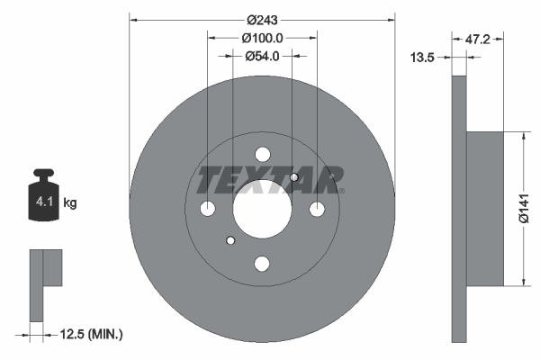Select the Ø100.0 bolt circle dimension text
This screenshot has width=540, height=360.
263,38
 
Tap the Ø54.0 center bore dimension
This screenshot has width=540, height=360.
263,56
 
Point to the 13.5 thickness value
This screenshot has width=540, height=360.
423,57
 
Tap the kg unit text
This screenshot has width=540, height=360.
70,203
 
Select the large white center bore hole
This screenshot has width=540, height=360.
262,209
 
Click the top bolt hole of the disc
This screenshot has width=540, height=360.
262,154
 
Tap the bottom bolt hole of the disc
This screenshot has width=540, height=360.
262,264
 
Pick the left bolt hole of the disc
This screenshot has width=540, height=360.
207,209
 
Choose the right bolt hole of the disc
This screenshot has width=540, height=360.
317,209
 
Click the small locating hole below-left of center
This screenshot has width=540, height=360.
231,240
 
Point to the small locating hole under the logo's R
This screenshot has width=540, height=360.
294,177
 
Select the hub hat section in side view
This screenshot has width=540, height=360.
486,209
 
